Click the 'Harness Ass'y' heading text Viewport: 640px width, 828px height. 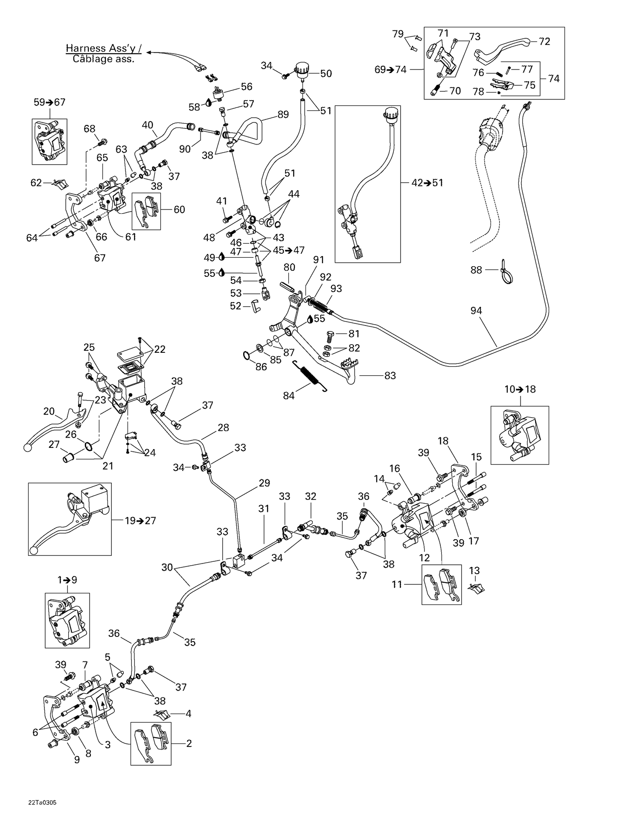(103, 48)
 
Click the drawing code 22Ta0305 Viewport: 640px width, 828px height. (42, 802)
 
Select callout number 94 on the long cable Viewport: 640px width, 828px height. (476, 311)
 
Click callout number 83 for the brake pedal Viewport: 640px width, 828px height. (390, 376)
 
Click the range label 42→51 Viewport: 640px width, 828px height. (427, 183)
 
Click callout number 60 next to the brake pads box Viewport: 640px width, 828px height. (179, 209)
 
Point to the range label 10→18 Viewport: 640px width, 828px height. (520, 389)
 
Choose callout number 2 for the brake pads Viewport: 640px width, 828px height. (189, 744)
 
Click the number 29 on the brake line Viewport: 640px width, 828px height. (265, 483)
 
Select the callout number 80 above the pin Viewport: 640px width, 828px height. (289, 267)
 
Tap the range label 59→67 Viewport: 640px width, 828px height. (49, 102)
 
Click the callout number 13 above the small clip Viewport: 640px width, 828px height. (474, 571)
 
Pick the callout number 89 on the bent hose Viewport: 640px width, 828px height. (283, 114)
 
